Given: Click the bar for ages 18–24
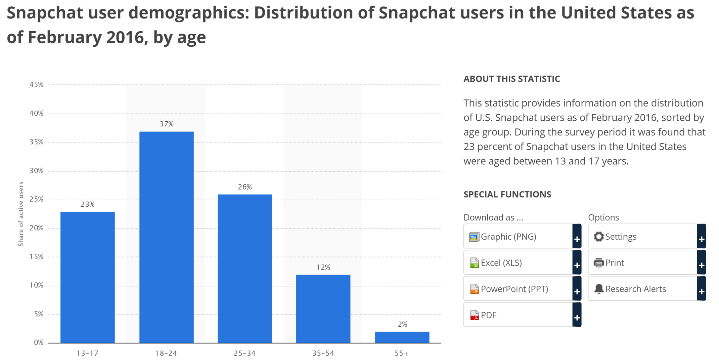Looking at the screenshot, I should pos(166,237).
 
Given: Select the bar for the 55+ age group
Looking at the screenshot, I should pos(402,337).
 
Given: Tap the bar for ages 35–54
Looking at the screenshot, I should pos(323,309).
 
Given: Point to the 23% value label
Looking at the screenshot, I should pos(88,204).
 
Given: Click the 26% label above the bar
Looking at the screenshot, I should pos(245,187).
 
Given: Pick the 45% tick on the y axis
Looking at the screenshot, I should pos(36,85).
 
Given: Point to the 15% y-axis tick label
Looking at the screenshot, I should pos(36,257).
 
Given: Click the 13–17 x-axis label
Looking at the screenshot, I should pos(87,353).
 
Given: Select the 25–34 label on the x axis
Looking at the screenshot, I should pos(244,353).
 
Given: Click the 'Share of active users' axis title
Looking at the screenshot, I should pos(21,214).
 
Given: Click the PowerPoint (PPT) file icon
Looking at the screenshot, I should pos(474,289).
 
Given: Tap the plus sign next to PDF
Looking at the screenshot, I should pos(577,318).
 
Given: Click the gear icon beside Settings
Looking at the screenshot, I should pos(598,237).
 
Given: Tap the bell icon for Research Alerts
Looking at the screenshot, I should pos(598,289).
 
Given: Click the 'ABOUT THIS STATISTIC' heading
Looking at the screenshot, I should pos(511,79).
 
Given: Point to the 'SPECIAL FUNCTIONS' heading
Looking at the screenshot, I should pos(507,195).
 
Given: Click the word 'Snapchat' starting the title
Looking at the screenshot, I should pos(45,13).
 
